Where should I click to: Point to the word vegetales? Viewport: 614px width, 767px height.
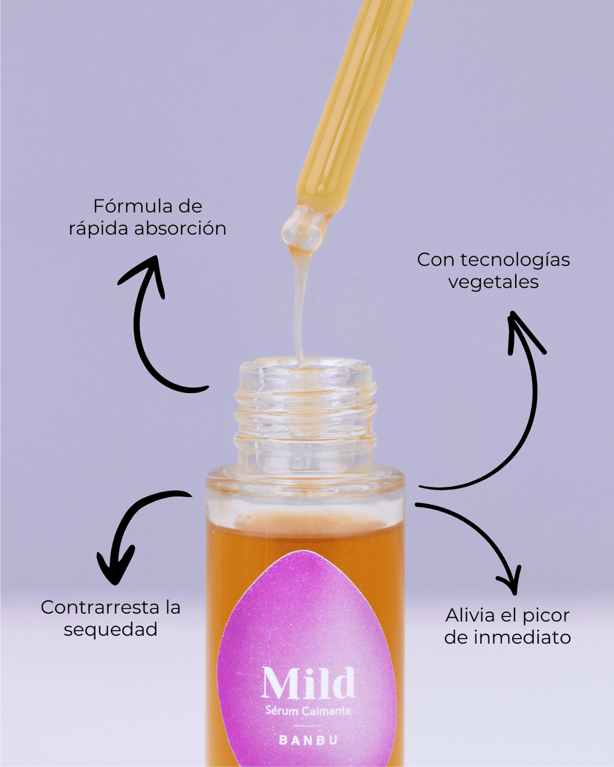493,282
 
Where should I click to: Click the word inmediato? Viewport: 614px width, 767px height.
522,637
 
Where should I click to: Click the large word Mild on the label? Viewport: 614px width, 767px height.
308,683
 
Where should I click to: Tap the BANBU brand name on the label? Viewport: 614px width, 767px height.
308,740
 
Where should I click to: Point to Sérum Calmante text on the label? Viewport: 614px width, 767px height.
308,711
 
